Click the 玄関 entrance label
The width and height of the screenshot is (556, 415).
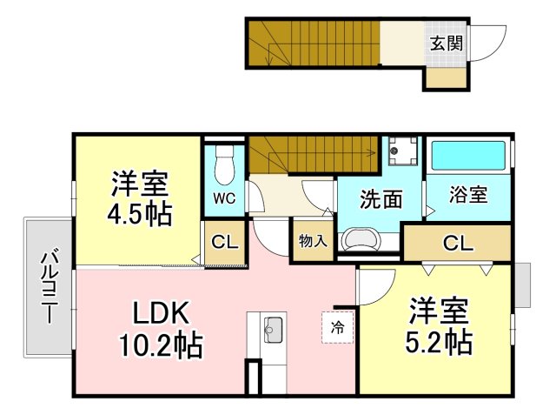pos(447,44)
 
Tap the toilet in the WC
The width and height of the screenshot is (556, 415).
pos(225,164)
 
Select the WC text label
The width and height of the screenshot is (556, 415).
pos(224,199)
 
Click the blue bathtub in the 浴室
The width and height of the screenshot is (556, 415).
pos(468,156)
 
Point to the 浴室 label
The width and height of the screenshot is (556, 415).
pos(468,195)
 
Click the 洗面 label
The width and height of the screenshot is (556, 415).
pos(381,199)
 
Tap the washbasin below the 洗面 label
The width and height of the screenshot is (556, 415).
pos(361,239)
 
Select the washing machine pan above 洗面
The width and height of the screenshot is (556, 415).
pos(403,151)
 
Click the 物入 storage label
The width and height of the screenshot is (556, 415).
pos(313,241)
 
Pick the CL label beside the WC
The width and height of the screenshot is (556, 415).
pos(225,243)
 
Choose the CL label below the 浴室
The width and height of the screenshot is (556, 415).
pos(458,244)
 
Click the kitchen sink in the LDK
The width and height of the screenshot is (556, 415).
pos(273,330)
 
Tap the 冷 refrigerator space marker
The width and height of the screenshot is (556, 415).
pos(338,327)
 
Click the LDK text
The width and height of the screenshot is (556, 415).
pos(160,312)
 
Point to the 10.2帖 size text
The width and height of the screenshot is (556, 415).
pos(160,345)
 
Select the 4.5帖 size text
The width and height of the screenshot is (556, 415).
pos(139,213)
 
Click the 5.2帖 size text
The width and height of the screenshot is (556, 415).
pos(439,342)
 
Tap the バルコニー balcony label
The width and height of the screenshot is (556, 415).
pos(50,286)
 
